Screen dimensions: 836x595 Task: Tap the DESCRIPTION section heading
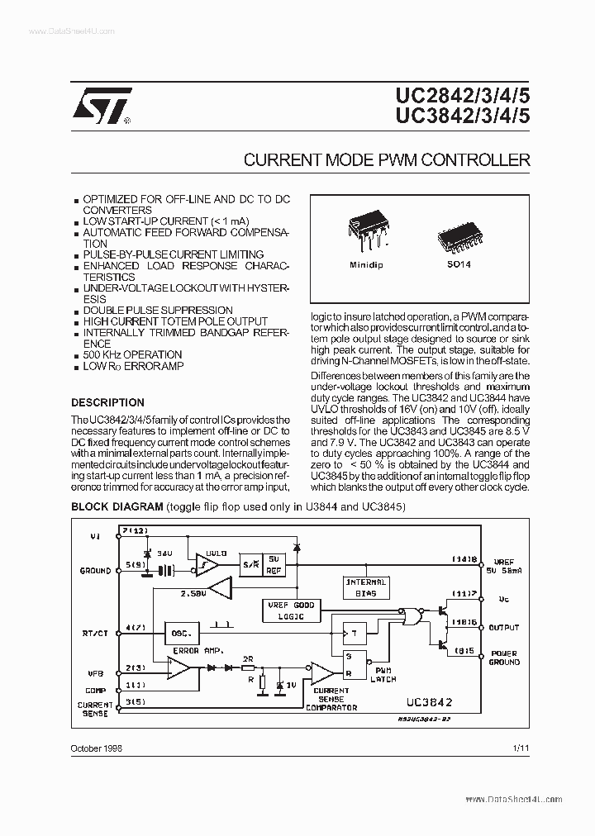click(107, 402)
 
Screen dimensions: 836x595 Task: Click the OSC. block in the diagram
click(181, 634)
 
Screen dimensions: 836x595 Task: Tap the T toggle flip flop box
click(355, 634)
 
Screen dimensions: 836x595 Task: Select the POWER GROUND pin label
click(504, 657)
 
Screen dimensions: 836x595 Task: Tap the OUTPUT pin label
click(503, 628)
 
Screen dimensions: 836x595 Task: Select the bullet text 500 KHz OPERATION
click(132, 354)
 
